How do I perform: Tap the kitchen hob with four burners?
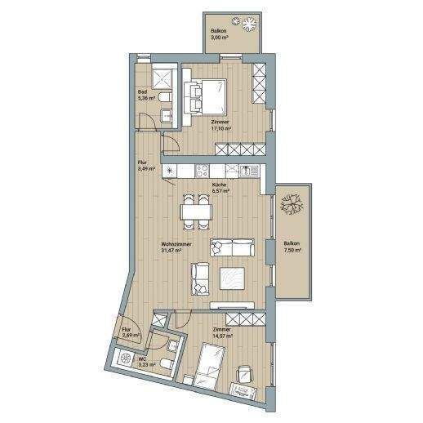[x=202, y=170]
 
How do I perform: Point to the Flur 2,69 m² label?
[x=131, y=332]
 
